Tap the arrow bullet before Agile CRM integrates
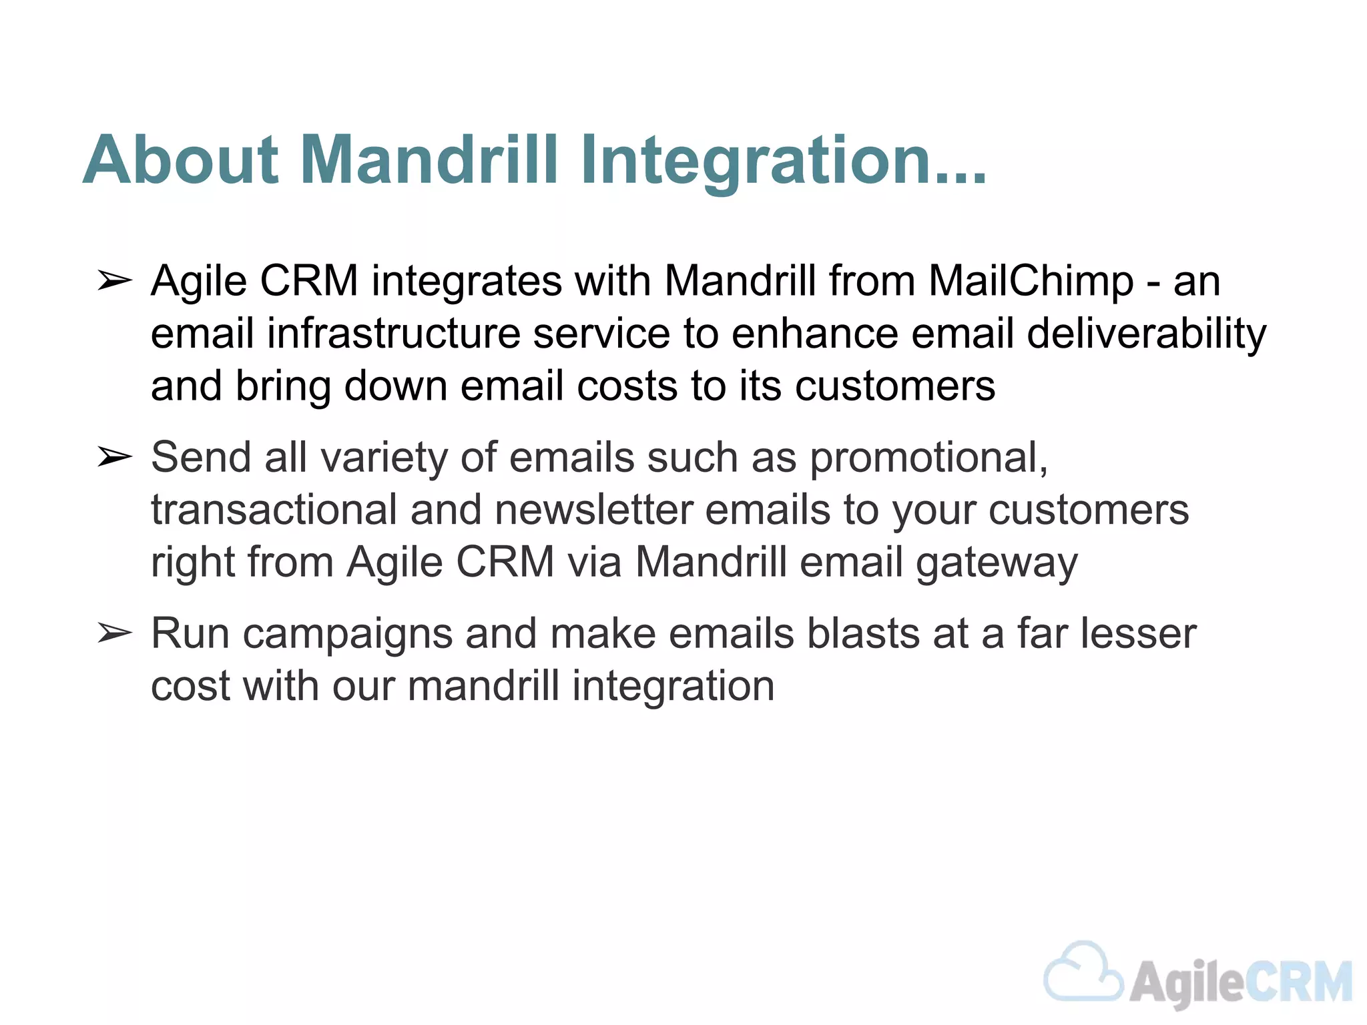(114, 282)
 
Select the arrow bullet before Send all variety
(114, 458)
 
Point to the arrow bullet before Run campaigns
(114, 633)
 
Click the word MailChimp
(1031, 280)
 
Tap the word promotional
(928, 458)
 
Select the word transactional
(274, 510)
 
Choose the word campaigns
(348, 634)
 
